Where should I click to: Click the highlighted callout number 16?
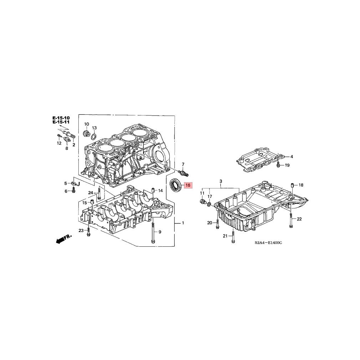(188, 185)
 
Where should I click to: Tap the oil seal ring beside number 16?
(176, 185)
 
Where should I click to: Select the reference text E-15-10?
(61, 118)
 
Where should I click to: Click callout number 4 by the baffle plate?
(292, 157)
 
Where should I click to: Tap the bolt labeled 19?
(278, 164)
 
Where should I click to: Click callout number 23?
(81, 231)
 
